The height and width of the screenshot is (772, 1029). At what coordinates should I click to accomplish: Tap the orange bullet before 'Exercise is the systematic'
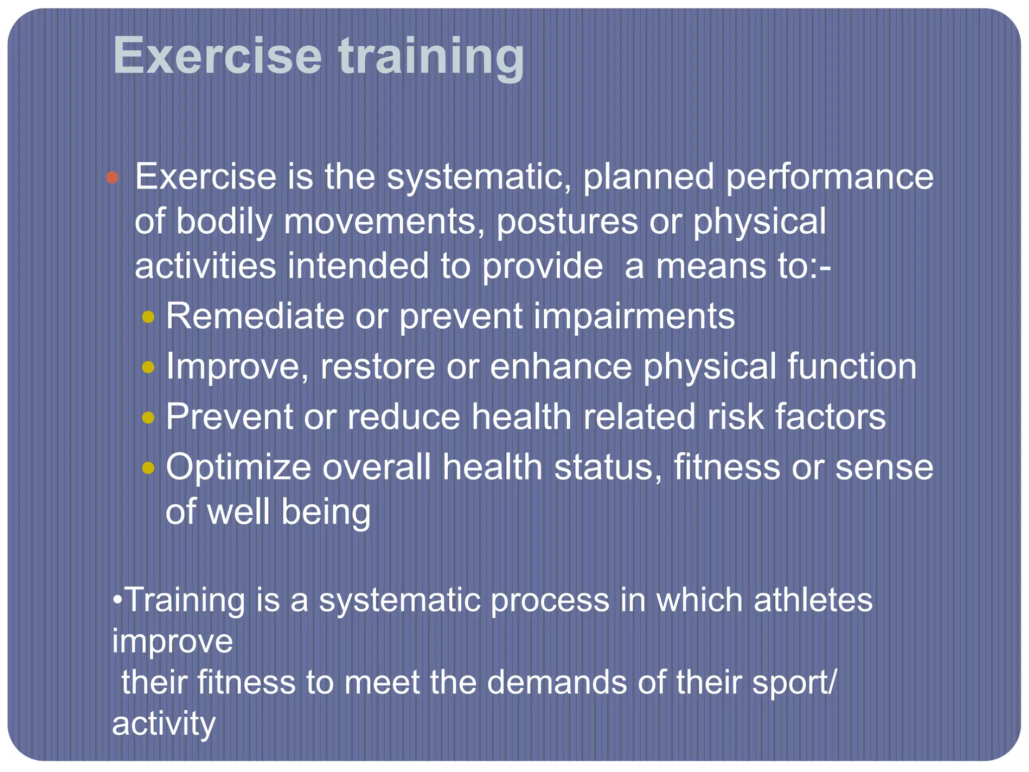(x=112, y=177)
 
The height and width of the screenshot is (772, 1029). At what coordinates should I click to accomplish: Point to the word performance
(x=829, y=177)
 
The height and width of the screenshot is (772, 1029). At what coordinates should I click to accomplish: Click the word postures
(x=567, y=222)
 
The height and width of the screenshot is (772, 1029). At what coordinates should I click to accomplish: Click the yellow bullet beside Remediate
(x=148, y=317)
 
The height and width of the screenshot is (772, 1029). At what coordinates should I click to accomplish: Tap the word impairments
(x=634, y=318)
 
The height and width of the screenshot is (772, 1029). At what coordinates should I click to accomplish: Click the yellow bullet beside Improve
(x=148, y=367)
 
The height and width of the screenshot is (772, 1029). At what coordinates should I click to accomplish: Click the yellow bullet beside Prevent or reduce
(x=148, y=418)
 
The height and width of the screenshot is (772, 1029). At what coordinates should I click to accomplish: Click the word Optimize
(x=238, y=468)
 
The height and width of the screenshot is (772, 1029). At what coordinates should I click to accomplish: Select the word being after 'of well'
(x=326, y=513)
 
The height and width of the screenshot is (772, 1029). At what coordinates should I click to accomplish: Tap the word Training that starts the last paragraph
(x=184, y=601)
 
